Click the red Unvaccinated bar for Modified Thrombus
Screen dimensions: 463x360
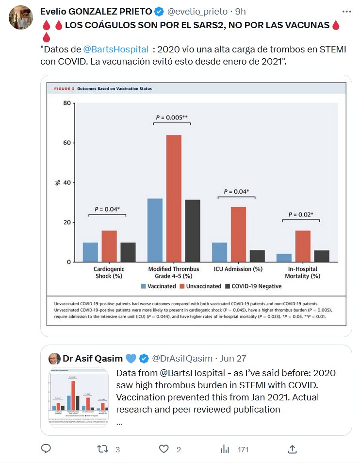(174, 198)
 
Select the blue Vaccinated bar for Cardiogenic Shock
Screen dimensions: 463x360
(90, 252)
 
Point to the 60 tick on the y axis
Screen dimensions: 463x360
(66, 143)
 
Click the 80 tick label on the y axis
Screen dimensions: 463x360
(66, 103)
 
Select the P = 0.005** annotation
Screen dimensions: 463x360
(172, 117)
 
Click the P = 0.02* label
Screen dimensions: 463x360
(300, 214)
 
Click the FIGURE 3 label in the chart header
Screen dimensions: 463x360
(60, 89)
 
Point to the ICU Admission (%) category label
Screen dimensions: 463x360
(238, 268)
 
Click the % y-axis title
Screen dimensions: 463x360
(57, 182)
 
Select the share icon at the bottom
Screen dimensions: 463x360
(292, 449)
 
